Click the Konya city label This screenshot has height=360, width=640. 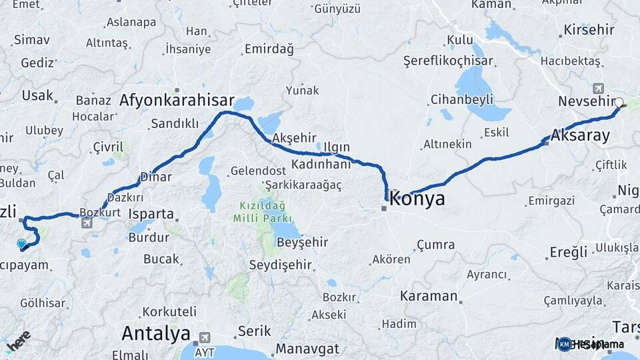click(417, 199)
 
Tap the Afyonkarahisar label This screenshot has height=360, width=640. click(177, 100)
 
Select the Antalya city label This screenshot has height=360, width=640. click(155, 333)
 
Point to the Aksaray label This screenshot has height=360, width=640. click(581, 136)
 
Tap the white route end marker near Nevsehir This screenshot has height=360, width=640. click(619, 103)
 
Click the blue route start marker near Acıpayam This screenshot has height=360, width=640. click(21, 244)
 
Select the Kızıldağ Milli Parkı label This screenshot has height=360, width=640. click(263, 212)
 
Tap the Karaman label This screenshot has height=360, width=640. click(429, 296)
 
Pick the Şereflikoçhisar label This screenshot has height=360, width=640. click(448, 61)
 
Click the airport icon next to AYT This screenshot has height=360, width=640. click(205, 338)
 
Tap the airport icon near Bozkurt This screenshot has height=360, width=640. click(87, 223)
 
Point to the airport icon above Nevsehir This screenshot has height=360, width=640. click(597, 87)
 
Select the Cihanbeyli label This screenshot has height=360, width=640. click(461, 99)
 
